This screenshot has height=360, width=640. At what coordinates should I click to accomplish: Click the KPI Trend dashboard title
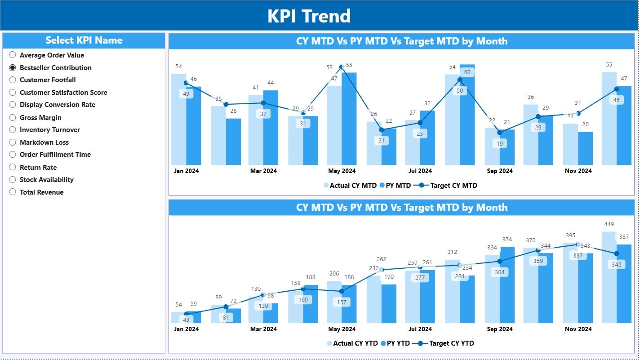point(309,16)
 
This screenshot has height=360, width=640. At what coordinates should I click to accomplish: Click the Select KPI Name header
point(84,40)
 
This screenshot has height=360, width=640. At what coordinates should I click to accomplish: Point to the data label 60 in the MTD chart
point(467,72)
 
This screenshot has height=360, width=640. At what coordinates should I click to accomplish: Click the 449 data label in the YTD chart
point(609,224)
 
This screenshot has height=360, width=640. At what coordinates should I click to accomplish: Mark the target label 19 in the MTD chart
point(500,144)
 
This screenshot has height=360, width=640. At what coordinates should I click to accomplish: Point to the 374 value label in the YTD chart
point(507,240)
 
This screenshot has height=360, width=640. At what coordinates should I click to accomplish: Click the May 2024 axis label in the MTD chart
point(342,171)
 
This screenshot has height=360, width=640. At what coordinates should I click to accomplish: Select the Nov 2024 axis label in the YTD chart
point(578,329)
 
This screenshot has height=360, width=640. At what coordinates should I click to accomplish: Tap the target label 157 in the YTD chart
point(342,302)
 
